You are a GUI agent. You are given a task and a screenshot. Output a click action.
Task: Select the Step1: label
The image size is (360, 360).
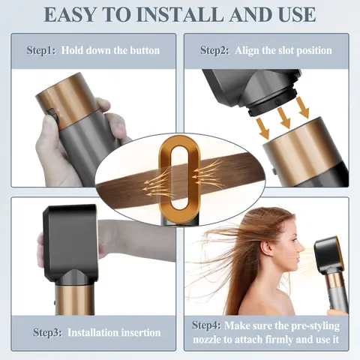pos(42,51)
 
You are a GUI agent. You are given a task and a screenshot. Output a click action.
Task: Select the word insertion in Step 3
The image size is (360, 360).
pos(138,331)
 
